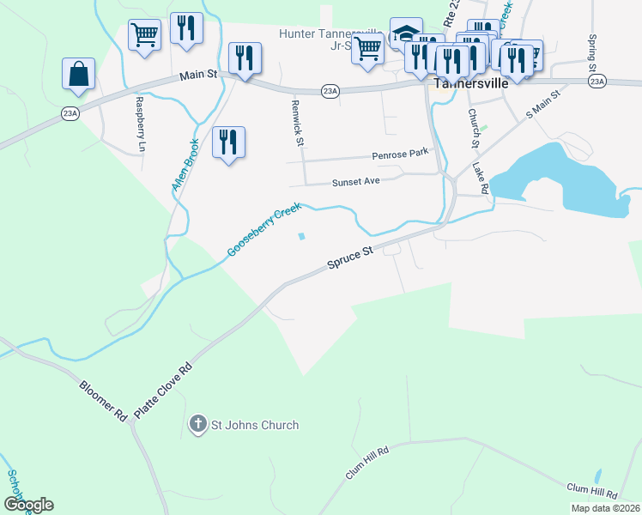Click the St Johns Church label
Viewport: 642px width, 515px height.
tap(256, 425)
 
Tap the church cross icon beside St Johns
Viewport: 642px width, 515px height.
tap(197, 424)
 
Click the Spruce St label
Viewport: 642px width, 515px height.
tap(350, 258)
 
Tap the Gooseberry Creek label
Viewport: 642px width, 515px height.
tap(264, 230)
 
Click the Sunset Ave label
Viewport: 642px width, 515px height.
tap(355, 182)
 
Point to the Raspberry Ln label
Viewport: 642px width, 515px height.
tap(140, 119)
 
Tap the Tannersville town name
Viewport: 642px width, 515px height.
tap(471, 84)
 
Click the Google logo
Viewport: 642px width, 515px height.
tap(27, 505)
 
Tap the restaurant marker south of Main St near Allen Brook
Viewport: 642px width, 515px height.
tap(228, 142)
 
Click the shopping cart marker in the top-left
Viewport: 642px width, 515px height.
tap(144, 35)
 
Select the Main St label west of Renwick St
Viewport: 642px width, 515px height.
tap(197, 76)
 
